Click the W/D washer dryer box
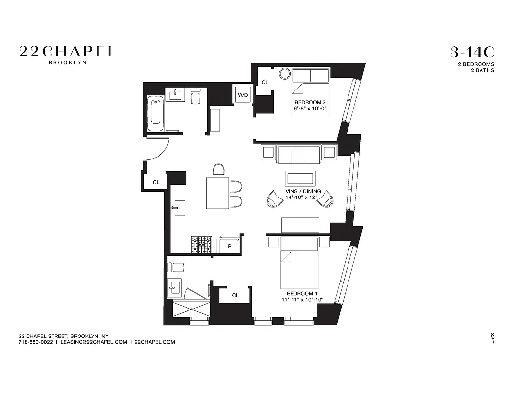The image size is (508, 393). (x=242, y=94)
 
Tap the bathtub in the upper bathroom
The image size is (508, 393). (x=155, y=113)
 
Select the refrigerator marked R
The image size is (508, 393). (x=229, y=246)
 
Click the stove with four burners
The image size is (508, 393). (x=201, y=245)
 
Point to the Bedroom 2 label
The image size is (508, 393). (x=310, y=102)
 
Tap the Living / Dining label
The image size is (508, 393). (x=301, y=191)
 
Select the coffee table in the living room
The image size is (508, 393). (x=300, y=178)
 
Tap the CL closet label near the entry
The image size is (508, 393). (x=156, y=182)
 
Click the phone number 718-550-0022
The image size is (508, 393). (x=35, y=342)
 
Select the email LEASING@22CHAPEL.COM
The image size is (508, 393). (x=93, y=342)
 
